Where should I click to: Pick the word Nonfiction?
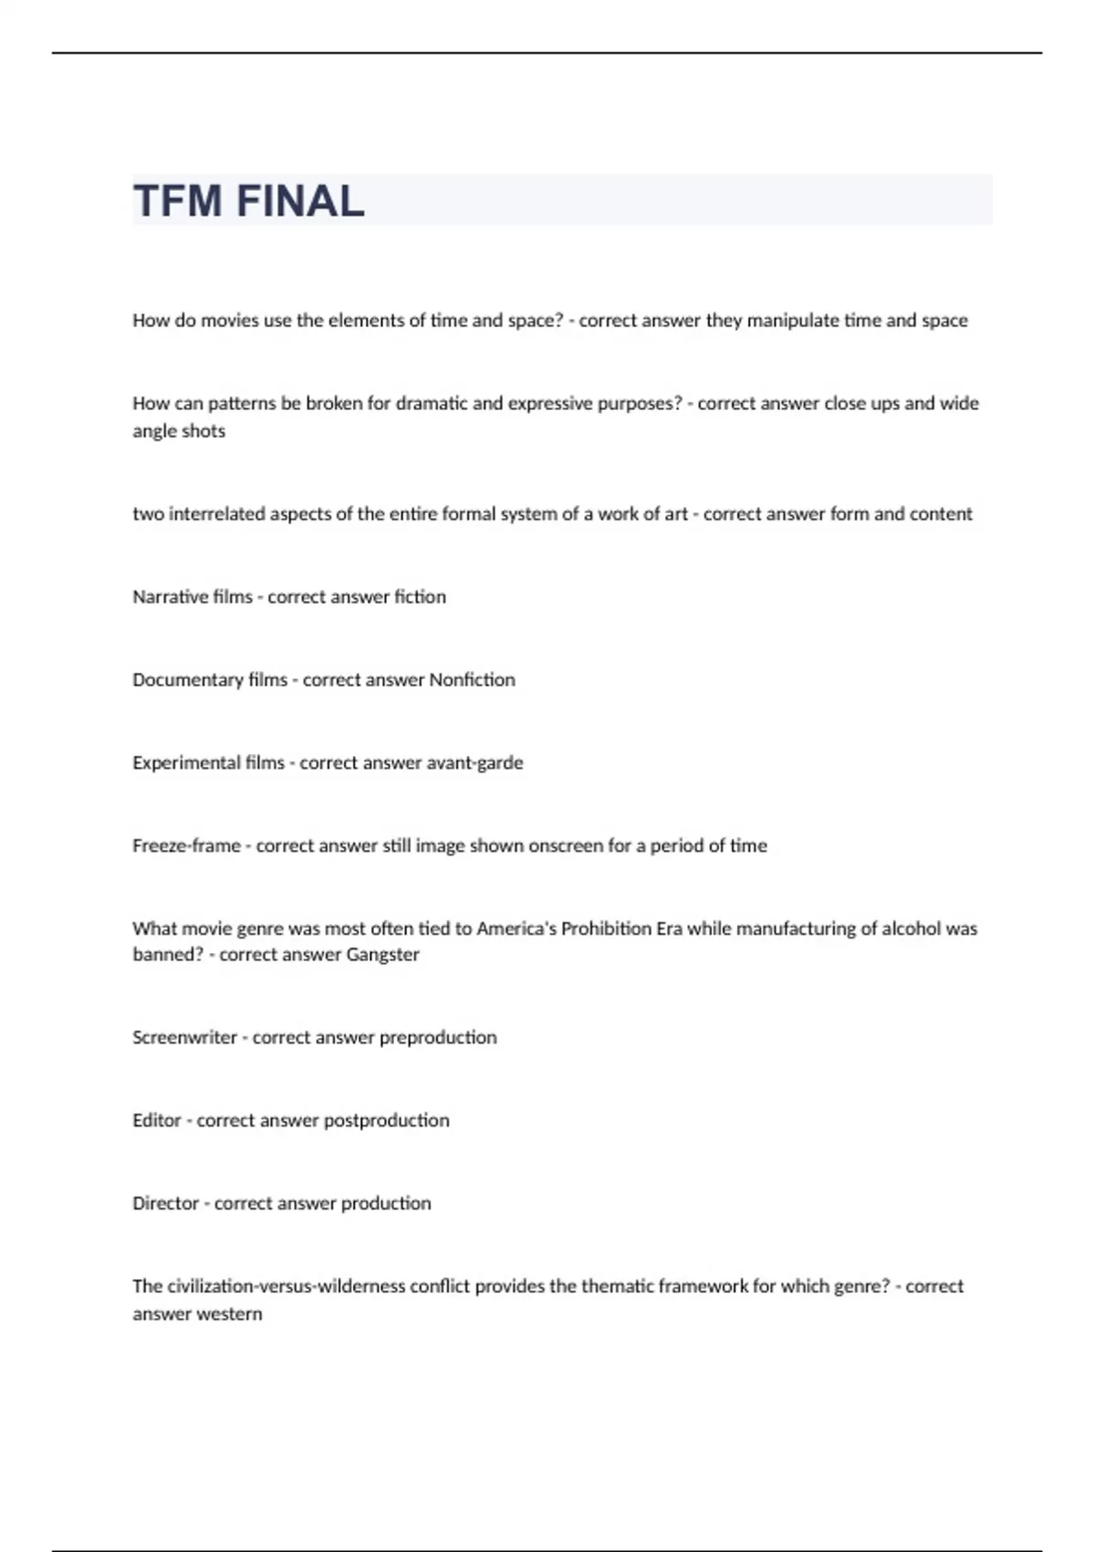[472, 680]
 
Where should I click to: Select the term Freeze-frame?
[186, 846]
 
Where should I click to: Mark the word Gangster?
[382, 955]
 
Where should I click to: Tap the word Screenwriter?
[184, 1038]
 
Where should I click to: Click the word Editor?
[157, 1121]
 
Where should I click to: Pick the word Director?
[165, 1204]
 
